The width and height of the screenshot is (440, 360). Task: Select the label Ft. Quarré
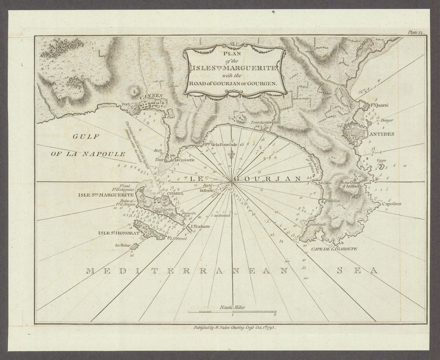pos(381,105)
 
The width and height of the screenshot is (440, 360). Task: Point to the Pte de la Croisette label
pos(181,160)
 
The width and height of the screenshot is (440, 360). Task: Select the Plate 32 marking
pos(415,32)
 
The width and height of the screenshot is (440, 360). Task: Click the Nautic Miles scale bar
pos(232,312)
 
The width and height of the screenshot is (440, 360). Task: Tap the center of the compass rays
pos(232,182)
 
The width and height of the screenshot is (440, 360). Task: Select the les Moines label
pos(122,246)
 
